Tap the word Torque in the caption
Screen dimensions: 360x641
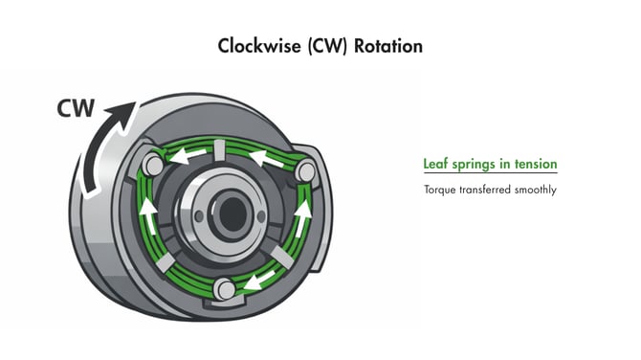[441, 190]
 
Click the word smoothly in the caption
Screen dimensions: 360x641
[532, 190]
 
